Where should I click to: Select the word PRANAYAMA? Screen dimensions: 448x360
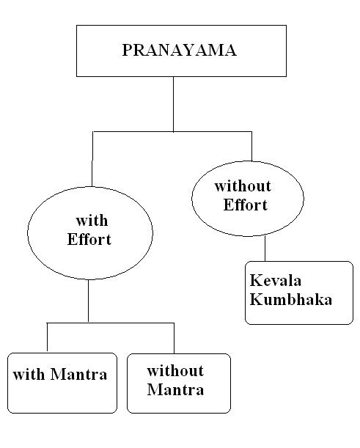click(174, 51)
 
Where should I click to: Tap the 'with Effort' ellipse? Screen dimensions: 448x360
click(90, 232)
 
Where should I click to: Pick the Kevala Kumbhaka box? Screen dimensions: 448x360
click(299, 292)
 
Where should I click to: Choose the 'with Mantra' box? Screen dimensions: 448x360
click(62, 383)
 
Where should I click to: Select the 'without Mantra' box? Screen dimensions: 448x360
click(179, 382)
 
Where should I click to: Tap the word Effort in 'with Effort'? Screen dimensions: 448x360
click(89, 240)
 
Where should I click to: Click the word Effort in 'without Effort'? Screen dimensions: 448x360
click(246, 205)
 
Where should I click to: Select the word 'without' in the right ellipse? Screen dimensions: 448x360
click(243, 186)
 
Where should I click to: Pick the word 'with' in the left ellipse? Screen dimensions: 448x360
click(92, 221)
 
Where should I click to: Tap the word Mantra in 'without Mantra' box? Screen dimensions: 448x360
click(175, 389)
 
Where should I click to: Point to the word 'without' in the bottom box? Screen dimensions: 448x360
click(175, 371)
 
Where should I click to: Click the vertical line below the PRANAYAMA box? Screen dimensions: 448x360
click(174, 103)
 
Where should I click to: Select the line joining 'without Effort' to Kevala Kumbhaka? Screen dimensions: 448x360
click(265, 248)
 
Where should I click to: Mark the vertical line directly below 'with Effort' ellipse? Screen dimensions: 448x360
click(89, 301)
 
